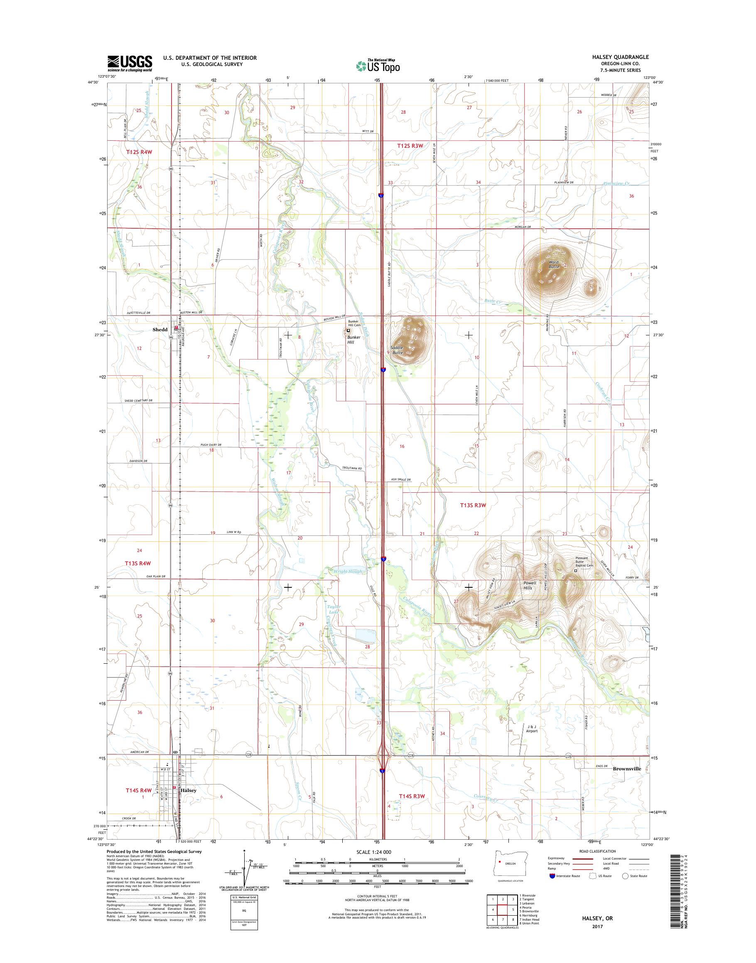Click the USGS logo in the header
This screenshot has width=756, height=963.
(129, 63)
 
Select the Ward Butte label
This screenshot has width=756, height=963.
(554, 264)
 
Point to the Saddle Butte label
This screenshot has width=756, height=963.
(397, 350)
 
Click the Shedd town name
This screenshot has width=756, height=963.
(160, 330)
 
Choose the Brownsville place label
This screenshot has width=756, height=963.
(627, 769)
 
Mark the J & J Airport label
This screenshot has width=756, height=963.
(532, 728)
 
